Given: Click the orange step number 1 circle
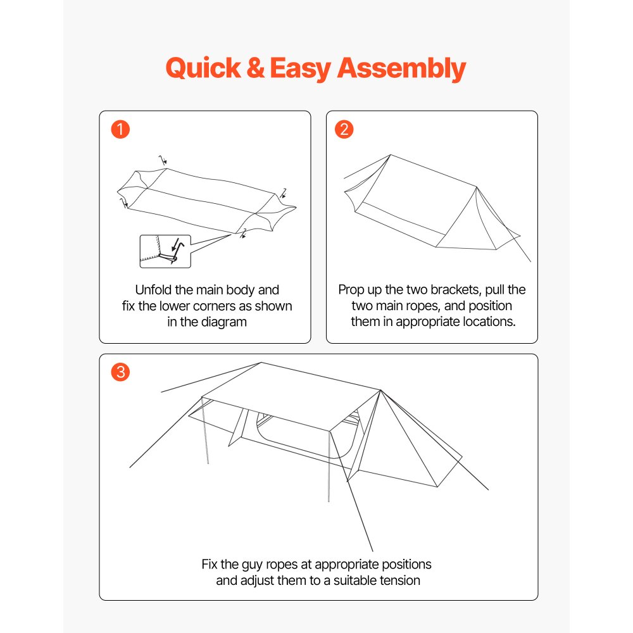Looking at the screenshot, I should pyautogui.click(x=120, y=130).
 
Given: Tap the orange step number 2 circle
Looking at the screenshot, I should pyautogui.click(x=346, y=130).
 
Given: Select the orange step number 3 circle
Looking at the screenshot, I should pyautogui.click(x=120, y=372).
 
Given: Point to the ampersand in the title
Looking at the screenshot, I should pyautogui.click(x=256, y=68).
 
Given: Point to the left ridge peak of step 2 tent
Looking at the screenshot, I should pyautogui.click(x=391, y=155).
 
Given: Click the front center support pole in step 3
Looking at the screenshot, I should pyautogui.click(x=329, y=468).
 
